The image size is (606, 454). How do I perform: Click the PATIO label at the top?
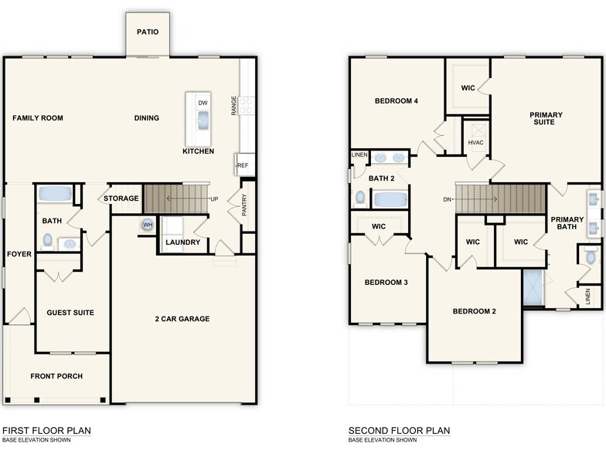(148, 32)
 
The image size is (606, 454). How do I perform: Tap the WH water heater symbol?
(146, 225)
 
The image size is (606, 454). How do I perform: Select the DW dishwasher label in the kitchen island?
(203, 103)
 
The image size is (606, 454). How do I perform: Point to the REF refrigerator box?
(243, 165)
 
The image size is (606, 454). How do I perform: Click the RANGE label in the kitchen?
(234, 106)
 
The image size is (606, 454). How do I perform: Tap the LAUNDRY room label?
(183, 242)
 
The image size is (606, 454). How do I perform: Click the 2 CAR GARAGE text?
(182, 319)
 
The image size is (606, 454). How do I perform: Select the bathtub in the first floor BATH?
(54, 193)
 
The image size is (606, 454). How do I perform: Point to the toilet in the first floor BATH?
(48, 240)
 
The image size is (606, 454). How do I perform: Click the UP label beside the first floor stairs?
(214, 199)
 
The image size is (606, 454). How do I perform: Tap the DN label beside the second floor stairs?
(447, 199)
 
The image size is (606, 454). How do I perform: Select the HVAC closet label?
(475, 143)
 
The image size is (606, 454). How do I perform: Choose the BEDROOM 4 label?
(397, 100)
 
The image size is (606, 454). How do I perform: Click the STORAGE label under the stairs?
(121, 198)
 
